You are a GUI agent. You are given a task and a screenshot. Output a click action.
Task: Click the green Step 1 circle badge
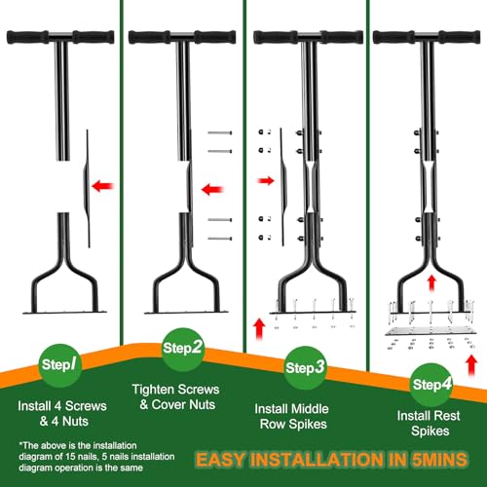[x=60, y=365]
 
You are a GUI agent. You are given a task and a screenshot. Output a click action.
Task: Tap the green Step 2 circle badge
[x=183, y=349]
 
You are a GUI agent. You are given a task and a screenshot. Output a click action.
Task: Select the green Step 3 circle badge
[x=305, y=368]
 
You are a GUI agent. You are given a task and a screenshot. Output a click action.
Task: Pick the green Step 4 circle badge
[x=431, y=385]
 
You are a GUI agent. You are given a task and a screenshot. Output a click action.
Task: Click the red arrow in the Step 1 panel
[x=103, y=186]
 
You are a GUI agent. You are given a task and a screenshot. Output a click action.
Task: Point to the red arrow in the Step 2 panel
[x=212, y=189]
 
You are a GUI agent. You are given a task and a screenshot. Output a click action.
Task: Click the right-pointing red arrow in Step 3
[x=266, y=181]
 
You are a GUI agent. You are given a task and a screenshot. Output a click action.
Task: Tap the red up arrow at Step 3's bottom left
[x=259, y=328]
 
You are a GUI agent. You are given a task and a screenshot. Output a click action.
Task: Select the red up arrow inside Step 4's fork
[x=431, y=282]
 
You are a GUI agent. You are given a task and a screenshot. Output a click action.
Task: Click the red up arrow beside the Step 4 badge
[x=471, y=365]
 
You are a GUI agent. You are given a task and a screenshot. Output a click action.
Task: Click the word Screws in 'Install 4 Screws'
[x=86, y=406]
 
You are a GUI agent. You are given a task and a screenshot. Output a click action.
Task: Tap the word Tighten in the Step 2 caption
[x=153, y=390]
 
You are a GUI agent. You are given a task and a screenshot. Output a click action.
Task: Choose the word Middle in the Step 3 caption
[x=310, y=409]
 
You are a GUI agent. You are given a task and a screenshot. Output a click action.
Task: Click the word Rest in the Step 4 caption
[x=447, y=416]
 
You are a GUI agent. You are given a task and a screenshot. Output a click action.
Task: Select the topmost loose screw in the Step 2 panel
[x=220, y=132]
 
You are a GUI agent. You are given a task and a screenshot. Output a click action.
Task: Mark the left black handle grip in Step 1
[x=27, y=37]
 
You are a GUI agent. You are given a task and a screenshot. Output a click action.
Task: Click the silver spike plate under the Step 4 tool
[x=431, y=331]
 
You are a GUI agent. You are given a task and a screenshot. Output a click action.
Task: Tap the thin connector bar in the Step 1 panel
[x=87, y=188]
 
